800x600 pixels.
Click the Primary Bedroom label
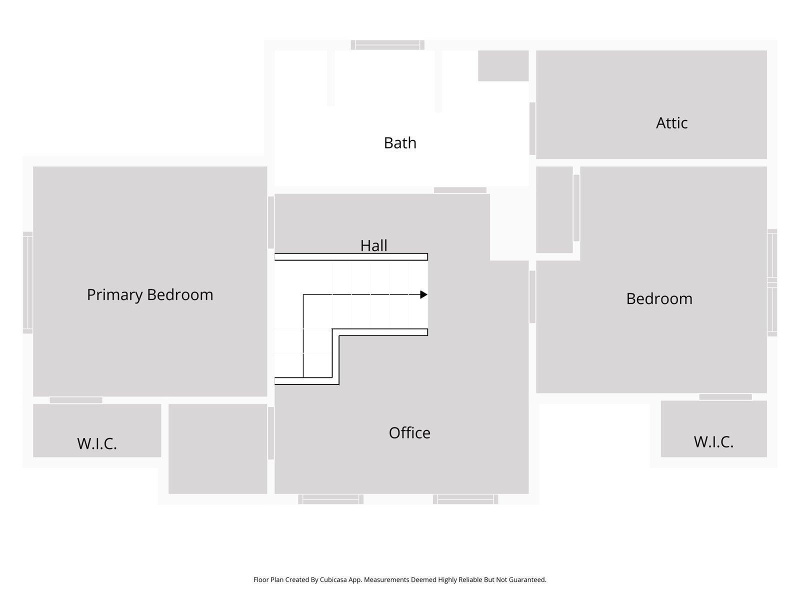point(150,294)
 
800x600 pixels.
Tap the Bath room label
point(400,143)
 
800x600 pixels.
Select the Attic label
point(671,123)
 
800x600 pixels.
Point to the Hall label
point(373,245)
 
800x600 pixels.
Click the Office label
point(409,432)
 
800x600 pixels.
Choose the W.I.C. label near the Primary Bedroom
point(97,443)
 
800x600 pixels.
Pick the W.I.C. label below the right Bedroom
point(713,442)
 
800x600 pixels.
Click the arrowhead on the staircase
point(423,294)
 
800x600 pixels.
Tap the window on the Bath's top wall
point(387,45)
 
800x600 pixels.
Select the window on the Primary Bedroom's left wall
point(28,282)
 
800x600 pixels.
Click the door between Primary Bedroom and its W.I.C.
point(76,400)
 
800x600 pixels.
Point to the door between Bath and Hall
point(460,190)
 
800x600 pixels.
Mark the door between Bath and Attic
point(532,128)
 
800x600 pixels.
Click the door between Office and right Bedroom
point(532,296)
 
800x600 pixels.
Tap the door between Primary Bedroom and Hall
point(271,222)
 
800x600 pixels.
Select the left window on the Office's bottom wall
point(331,499)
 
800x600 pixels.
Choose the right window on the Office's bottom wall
point(465,499)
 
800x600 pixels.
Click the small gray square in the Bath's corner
point(503,65)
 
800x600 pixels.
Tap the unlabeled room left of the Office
point(217,448)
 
